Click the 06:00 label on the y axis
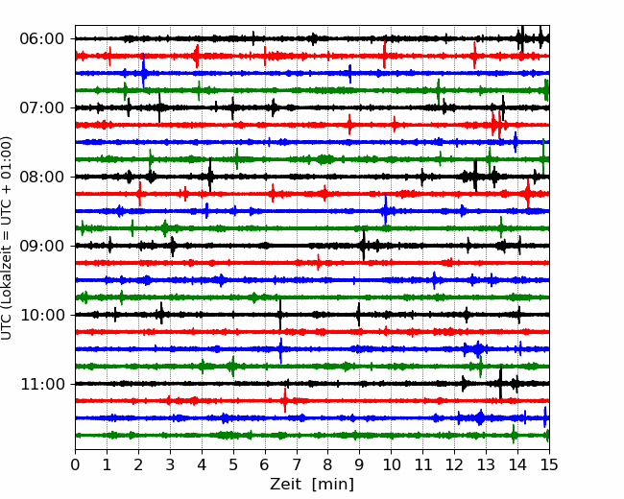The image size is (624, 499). point(41,38)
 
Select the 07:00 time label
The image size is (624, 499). point(41,107)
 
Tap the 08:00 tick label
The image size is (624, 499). point(41,177)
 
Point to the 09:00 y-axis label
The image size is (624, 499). point(41,246)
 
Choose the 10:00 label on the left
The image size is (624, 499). point(41,315)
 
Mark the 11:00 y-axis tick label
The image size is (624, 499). point(41,384)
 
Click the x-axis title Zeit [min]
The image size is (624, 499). point(312,485)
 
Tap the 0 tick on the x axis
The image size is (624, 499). point(76,465)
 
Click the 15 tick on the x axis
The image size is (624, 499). point(549,465)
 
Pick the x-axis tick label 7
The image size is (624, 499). point(297,465)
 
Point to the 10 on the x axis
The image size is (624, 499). point(392,465)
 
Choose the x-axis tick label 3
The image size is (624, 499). point(171,465)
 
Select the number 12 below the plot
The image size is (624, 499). point(454,465)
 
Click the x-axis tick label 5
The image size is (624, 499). point(233,465)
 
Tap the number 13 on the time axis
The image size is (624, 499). point(486,465)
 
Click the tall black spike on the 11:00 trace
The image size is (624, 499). point(500,382)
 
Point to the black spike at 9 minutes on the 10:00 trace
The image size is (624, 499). point(358,314)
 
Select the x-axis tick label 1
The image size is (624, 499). point(108,465)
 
